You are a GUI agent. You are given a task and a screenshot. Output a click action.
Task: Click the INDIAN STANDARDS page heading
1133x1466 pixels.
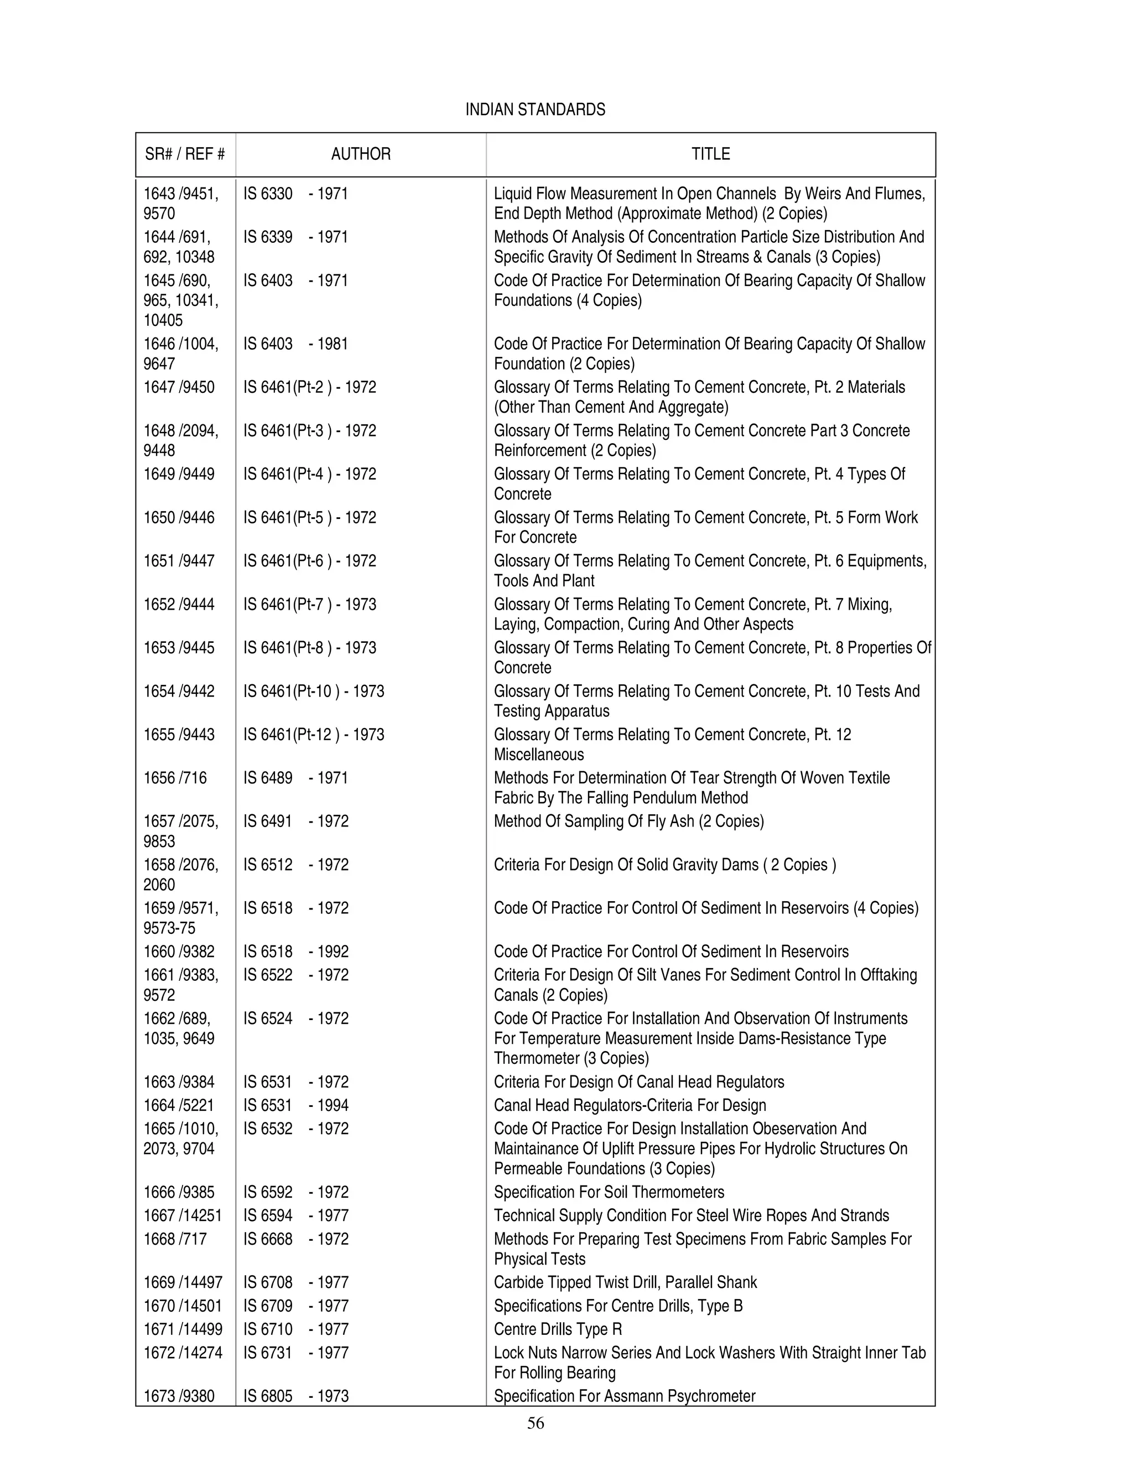pos(535,110)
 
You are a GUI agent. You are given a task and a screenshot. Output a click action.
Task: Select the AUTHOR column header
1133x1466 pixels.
pos(361,154)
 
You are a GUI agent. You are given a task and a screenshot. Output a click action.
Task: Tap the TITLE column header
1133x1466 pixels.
pos(710,154)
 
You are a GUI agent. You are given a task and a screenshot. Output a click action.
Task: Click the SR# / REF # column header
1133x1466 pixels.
pos(185,154)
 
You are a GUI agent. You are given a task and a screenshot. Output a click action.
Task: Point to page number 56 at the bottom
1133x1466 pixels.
pos(535,1423)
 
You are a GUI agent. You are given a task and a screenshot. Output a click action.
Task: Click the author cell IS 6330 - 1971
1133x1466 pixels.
pos(295,194)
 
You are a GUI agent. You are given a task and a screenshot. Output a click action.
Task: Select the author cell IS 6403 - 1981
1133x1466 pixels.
pos(295,344)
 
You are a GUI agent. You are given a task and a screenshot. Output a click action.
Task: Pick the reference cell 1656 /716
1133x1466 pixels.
pos(175,778)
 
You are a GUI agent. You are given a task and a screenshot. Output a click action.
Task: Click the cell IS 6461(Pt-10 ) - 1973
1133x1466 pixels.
pos(314,692)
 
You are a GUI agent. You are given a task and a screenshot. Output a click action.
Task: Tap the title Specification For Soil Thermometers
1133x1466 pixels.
pos(609,1192)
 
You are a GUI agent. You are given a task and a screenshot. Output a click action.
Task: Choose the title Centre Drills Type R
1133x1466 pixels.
pos(558,1329)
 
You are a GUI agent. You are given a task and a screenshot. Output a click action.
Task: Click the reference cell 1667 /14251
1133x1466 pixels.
pos(183,1215)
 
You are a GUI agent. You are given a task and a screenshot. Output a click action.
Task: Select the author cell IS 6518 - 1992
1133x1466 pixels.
pos(295,952)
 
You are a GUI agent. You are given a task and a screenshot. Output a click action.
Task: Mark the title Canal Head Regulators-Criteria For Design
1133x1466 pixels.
pos(630,1105)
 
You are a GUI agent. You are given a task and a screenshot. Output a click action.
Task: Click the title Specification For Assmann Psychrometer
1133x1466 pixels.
pos(624,1396)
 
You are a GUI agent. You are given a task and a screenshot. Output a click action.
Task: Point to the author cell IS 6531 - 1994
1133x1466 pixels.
pos(295,1105)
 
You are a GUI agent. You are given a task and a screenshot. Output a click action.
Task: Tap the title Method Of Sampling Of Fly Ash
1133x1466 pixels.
pos(628,822)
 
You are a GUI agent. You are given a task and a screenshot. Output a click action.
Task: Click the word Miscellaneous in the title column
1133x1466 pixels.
pos(539,755)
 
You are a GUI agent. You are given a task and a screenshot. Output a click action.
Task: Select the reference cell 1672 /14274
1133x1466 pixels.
pos(183,1353)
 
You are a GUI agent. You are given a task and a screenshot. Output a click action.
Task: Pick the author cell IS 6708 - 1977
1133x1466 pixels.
pos(295,1283)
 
